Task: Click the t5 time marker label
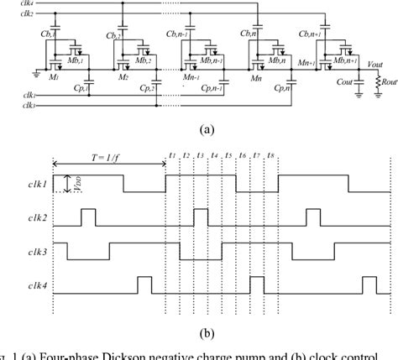click(x=228, y=156)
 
